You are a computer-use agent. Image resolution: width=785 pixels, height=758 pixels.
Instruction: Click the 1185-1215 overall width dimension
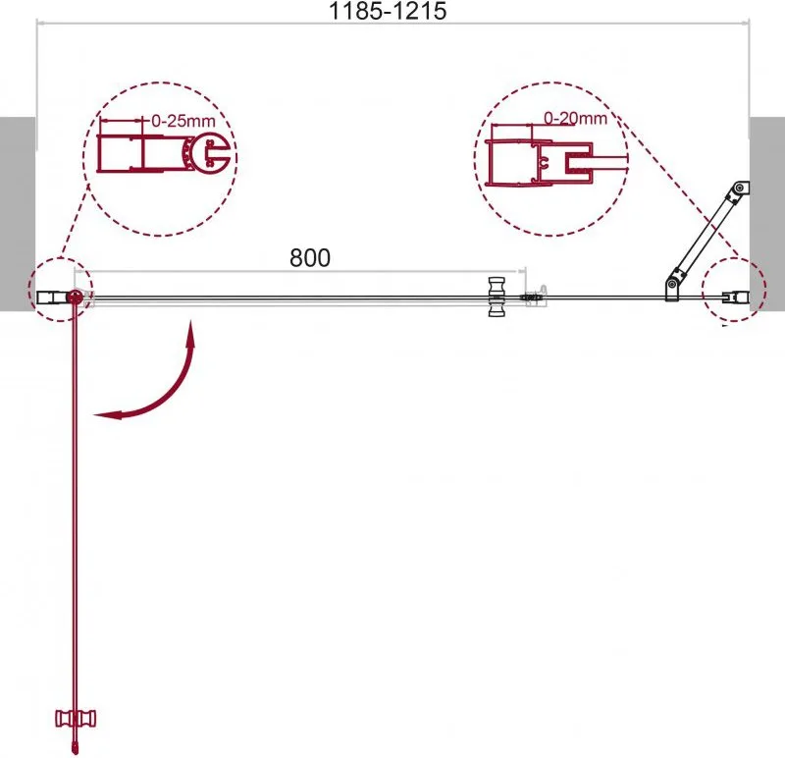point(388,11)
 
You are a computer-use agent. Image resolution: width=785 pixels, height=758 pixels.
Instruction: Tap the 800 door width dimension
point(310,257)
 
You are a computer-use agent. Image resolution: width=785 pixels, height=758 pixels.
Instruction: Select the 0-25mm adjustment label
point(183,121)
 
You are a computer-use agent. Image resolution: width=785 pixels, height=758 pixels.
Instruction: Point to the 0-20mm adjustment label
point(575,118)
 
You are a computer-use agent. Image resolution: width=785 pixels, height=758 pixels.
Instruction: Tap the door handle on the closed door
point(497,297)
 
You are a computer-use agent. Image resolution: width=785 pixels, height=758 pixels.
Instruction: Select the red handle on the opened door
point(76,719)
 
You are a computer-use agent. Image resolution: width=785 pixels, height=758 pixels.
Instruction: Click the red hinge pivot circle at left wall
point(76,297)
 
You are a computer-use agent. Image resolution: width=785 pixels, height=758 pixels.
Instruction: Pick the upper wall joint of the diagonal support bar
point(740,189)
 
